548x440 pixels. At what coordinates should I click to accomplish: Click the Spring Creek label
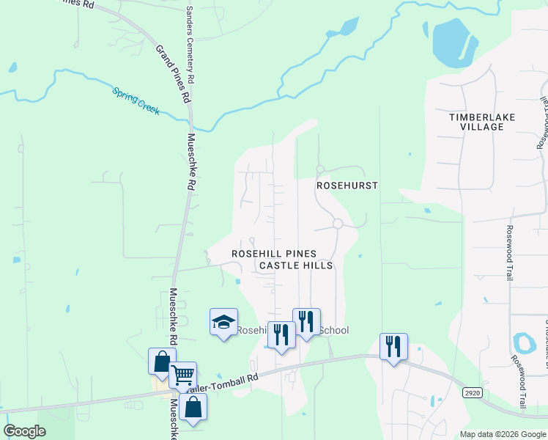(136, 100)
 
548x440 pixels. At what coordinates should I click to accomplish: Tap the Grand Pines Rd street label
(173, 73)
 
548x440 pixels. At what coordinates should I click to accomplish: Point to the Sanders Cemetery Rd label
(190, 44)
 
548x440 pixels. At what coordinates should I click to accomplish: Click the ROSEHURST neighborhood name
(347, 186)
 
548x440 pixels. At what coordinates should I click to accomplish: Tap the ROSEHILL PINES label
(274, 252)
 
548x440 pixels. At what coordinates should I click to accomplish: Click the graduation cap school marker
(223, 321)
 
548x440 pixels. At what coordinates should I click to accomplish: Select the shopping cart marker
(182, 375)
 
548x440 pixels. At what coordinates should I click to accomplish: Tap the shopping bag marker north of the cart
(162, 361)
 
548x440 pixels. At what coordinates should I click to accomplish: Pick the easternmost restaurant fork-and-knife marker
(393, 346)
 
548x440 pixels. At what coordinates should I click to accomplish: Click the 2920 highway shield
(473, 393)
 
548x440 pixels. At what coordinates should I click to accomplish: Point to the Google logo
(25, 431)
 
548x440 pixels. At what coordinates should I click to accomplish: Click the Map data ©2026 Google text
(503, 434)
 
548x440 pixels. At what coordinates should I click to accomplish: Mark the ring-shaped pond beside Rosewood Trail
(524, 342)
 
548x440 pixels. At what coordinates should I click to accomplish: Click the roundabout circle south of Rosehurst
(338, 224)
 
